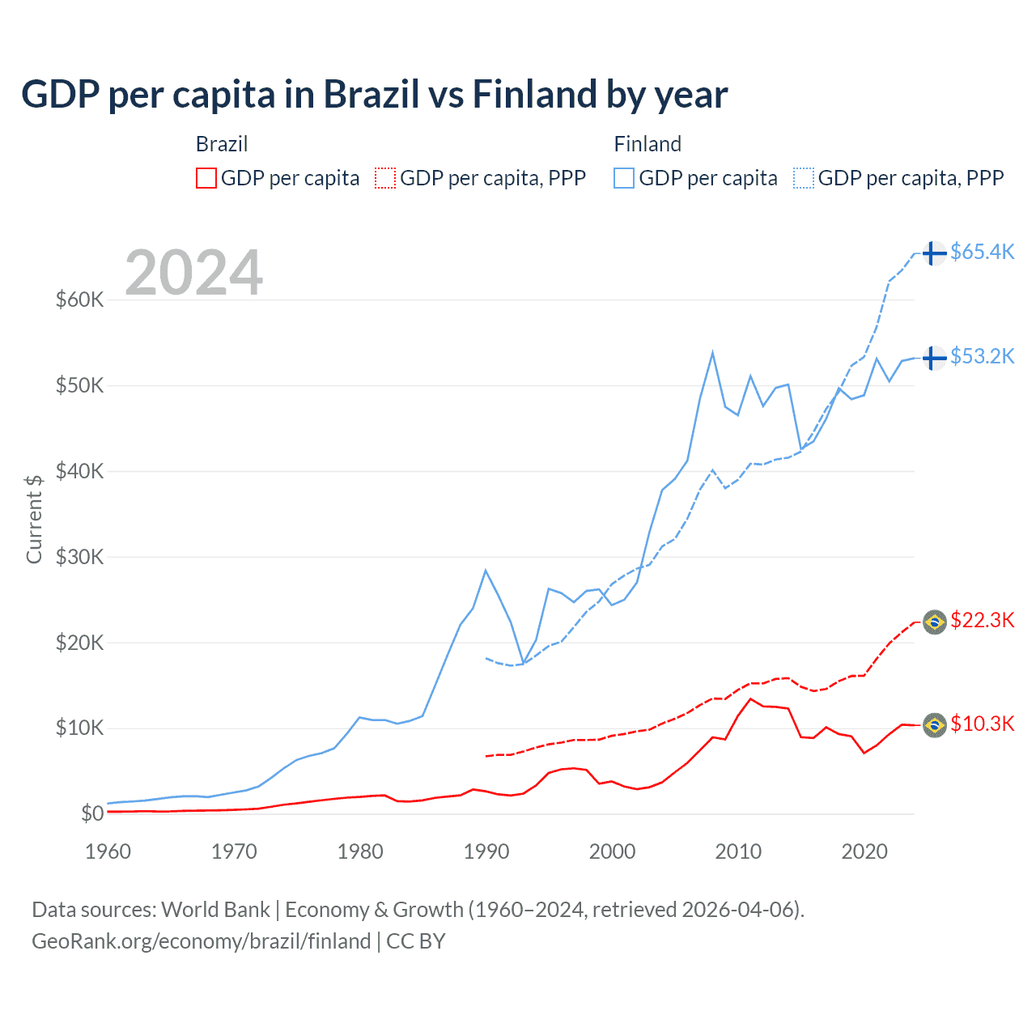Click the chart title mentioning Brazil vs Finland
tap(374, 94)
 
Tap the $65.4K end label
tap(982, 253)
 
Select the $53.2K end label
tap(982, 356)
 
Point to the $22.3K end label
tap(982, 621)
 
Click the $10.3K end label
tap(982, 724)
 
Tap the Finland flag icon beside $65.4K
tap(934, 253)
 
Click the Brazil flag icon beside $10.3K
tap(935, 725)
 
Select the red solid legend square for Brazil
tap(206, 178)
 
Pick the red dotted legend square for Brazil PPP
tap(385, 178)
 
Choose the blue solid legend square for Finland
tap(624, 178)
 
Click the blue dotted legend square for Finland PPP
tap(804, 178)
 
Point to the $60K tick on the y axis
tap(79, 300)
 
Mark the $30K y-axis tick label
tap(79, 557)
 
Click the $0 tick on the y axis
tap(91, 814)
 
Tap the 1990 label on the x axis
tap(486, 851)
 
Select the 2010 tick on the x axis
tap(738, 851)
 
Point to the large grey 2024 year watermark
tap(193, 273)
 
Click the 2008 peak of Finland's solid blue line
tap(712, 352)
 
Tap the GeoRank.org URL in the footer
tap(201, 941)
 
